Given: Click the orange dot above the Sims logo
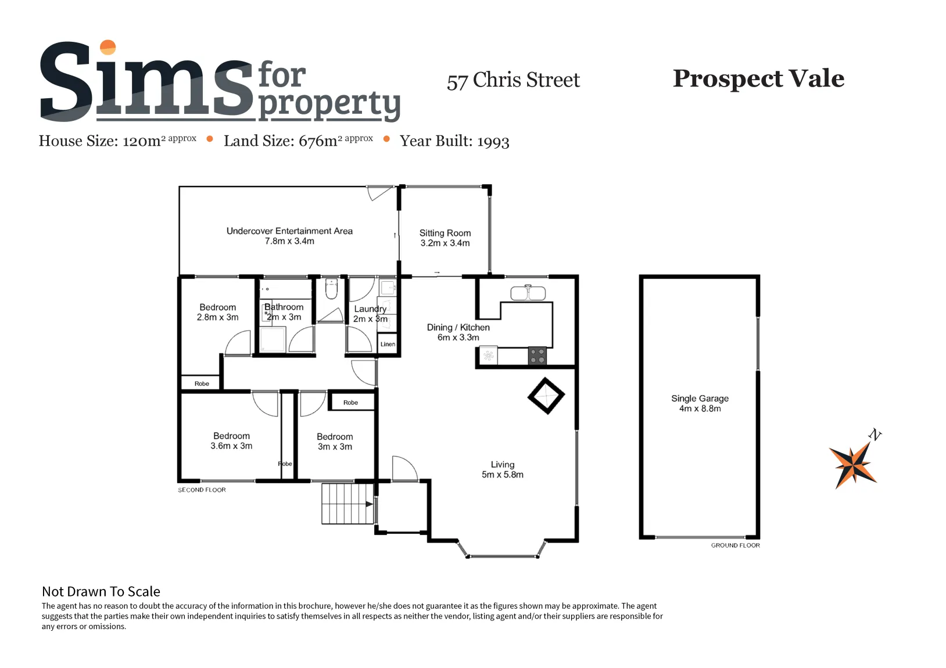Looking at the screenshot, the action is click(108, 47).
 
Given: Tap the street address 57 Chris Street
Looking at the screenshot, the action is click(514, 80).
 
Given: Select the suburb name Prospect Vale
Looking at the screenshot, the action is click(758, 78).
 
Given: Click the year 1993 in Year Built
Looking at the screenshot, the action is click(493, 142).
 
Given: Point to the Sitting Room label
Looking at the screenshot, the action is click(445, 233).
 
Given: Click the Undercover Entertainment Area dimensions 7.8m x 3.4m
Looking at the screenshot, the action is click(290, 241).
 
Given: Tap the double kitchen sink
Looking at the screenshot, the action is click(528, 293).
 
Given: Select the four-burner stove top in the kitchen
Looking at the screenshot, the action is click(537, 355).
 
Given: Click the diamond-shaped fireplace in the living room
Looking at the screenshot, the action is click(546, 396).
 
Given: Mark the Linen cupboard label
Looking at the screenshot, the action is click(388, 344).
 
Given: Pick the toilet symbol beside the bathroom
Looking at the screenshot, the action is click(332, 288).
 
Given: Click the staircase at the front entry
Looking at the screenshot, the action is click(347, 504).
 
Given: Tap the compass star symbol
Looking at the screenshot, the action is click(853, 465).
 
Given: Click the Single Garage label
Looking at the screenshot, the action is click(700, 398).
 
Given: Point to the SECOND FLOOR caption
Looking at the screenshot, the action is click(202, 490).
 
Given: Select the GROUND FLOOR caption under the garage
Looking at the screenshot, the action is click(735, 545).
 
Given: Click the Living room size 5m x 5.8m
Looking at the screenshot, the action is click(503, 475).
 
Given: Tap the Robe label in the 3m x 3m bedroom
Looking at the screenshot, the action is click(350, 403).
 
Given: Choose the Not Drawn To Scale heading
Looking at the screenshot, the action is click(101, 591).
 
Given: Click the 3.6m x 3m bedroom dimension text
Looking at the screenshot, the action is click(231, 446).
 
